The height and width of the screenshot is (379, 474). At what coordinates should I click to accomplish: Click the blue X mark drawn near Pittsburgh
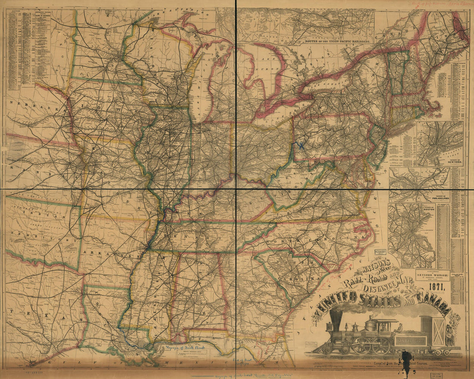[301, 146]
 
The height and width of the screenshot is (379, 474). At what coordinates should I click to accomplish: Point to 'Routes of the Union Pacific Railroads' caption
[338, 41]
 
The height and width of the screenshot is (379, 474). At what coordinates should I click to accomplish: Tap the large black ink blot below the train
[406, 357]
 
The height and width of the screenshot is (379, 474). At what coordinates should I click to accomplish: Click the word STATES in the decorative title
[379, 300]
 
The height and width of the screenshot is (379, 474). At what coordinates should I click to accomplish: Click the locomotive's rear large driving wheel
[379, 345]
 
